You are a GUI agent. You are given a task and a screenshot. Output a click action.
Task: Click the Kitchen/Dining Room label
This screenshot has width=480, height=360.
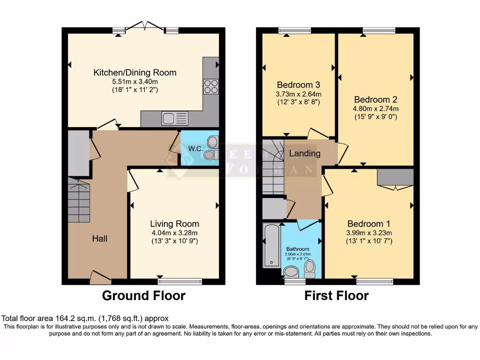click(x=135, y=73)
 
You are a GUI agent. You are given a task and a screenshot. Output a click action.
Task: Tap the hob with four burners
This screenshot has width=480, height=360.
click(x=210, y=87)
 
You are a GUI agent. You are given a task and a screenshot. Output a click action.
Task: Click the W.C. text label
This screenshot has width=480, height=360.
click(x=195, y=149)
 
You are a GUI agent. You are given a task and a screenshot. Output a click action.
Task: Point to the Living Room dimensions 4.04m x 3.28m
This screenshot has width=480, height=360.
click(x=174, y=232)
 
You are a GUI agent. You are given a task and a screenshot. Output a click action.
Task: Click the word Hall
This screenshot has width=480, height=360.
click(x=99, y=239)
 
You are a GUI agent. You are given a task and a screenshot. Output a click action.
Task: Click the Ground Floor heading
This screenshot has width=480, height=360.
click(x=144, y=296)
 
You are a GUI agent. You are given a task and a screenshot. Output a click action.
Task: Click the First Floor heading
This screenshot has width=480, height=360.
click(x=337, y=296)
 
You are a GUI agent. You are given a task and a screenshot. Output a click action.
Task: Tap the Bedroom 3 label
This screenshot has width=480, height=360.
click(x=299, y=85)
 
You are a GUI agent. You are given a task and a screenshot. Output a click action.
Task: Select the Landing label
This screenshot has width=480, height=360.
click(x=305, y=153)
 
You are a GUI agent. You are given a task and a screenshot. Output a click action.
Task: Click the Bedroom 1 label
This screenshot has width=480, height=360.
click(x=369, y=224)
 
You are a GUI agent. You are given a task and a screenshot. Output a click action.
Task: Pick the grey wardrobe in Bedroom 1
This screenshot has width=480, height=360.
click(x=395, y=177)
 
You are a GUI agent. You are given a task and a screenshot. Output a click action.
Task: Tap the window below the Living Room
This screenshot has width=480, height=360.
click(x=180, y=281)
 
